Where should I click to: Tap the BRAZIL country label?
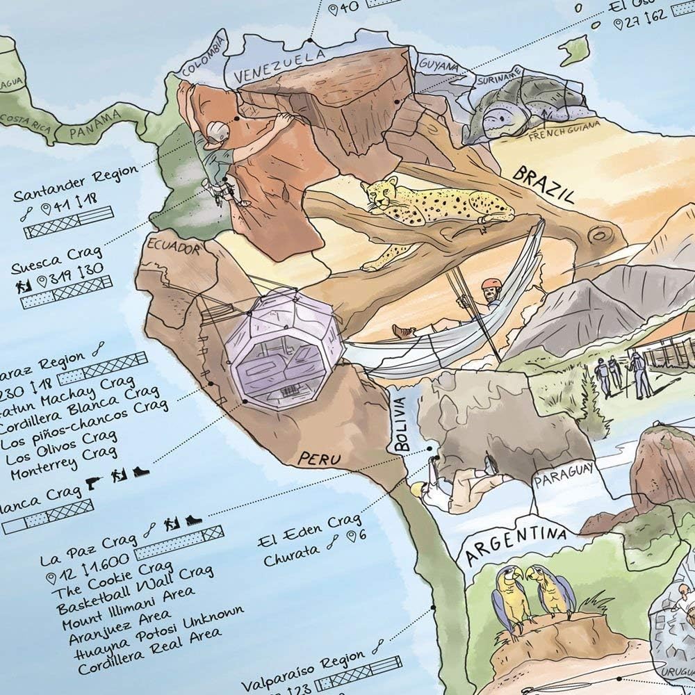coord(543,183)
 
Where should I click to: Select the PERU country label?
coord(319,458)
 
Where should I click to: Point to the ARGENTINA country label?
coord(515,544)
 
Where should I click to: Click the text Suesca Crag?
coord(57,259)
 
